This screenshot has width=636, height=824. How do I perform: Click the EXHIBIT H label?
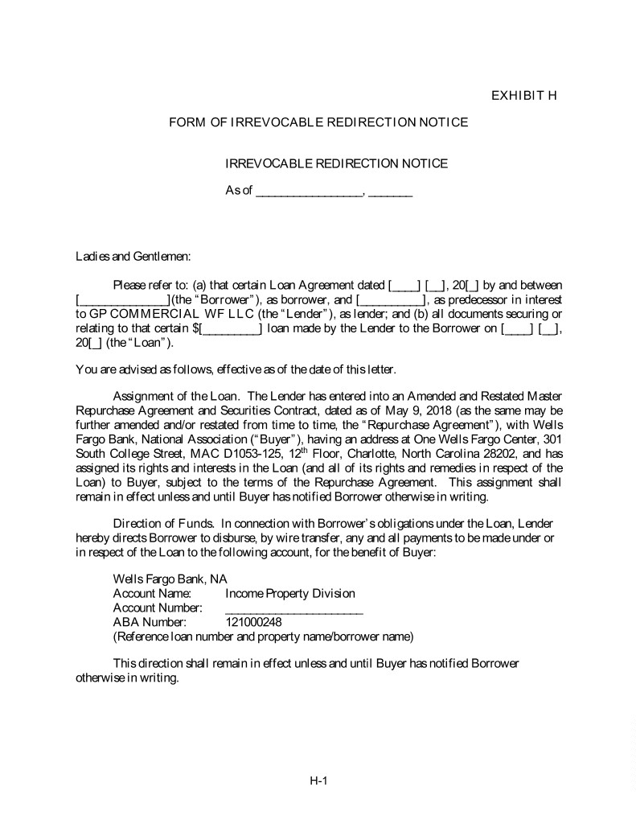tap(524, 97)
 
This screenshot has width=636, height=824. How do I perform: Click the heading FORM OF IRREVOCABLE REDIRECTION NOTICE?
tap(318, 122)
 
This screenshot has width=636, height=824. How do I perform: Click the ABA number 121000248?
tap(253, 622)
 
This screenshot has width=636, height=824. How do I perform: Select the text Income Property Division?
tap(290, 593)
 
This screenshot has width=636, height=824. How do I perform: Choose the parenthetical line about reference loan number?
tap(263, 637)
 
